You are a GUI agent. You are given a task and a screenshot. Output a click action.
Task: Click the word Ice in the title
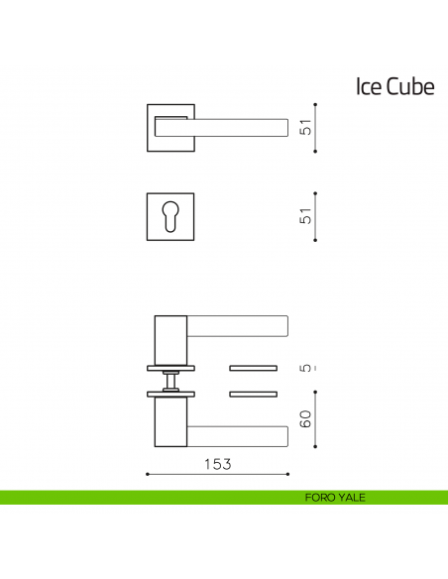click(367, 87)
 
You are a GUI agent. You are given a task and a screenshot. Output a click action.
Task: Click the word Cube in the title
click(409, 87)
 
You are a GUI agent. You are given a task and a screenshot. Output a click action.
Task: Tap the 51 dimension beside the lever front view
click(307, 128)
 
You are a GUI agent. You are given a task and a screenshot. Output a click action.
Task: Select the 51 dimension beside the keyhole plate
click(307, 215)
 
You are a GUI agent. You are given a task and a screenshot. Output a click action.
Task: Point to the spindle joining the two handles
click(171, 381)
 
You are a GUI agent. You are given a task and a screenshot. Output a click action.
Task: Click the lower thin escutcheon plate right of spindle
click(256, 396)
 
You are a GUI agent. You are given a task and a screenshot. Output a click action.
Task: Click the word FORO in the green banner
click(320, 498)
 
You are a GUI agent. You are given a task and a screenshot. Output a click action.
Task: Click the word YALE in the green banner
click(351, 498)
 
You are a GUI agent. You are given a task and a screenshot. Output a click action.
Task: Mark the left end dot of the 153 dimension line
click(147, 475)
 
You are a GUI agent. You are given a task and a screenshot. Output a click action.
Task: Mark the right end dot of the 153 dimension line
click(288, 475)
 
